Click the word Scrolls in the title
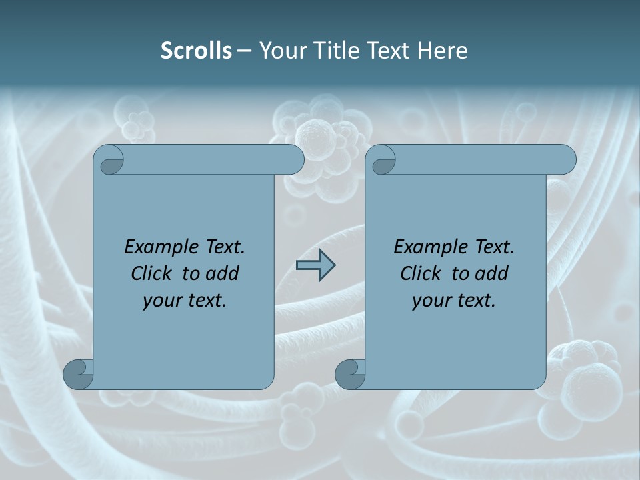(196, 50)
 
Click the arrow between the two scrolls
(315, 265)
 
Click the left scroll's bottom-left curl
(78, 374)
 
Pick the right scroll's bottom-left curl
(350, 374)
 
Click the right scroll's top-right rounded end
(564, 160)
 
